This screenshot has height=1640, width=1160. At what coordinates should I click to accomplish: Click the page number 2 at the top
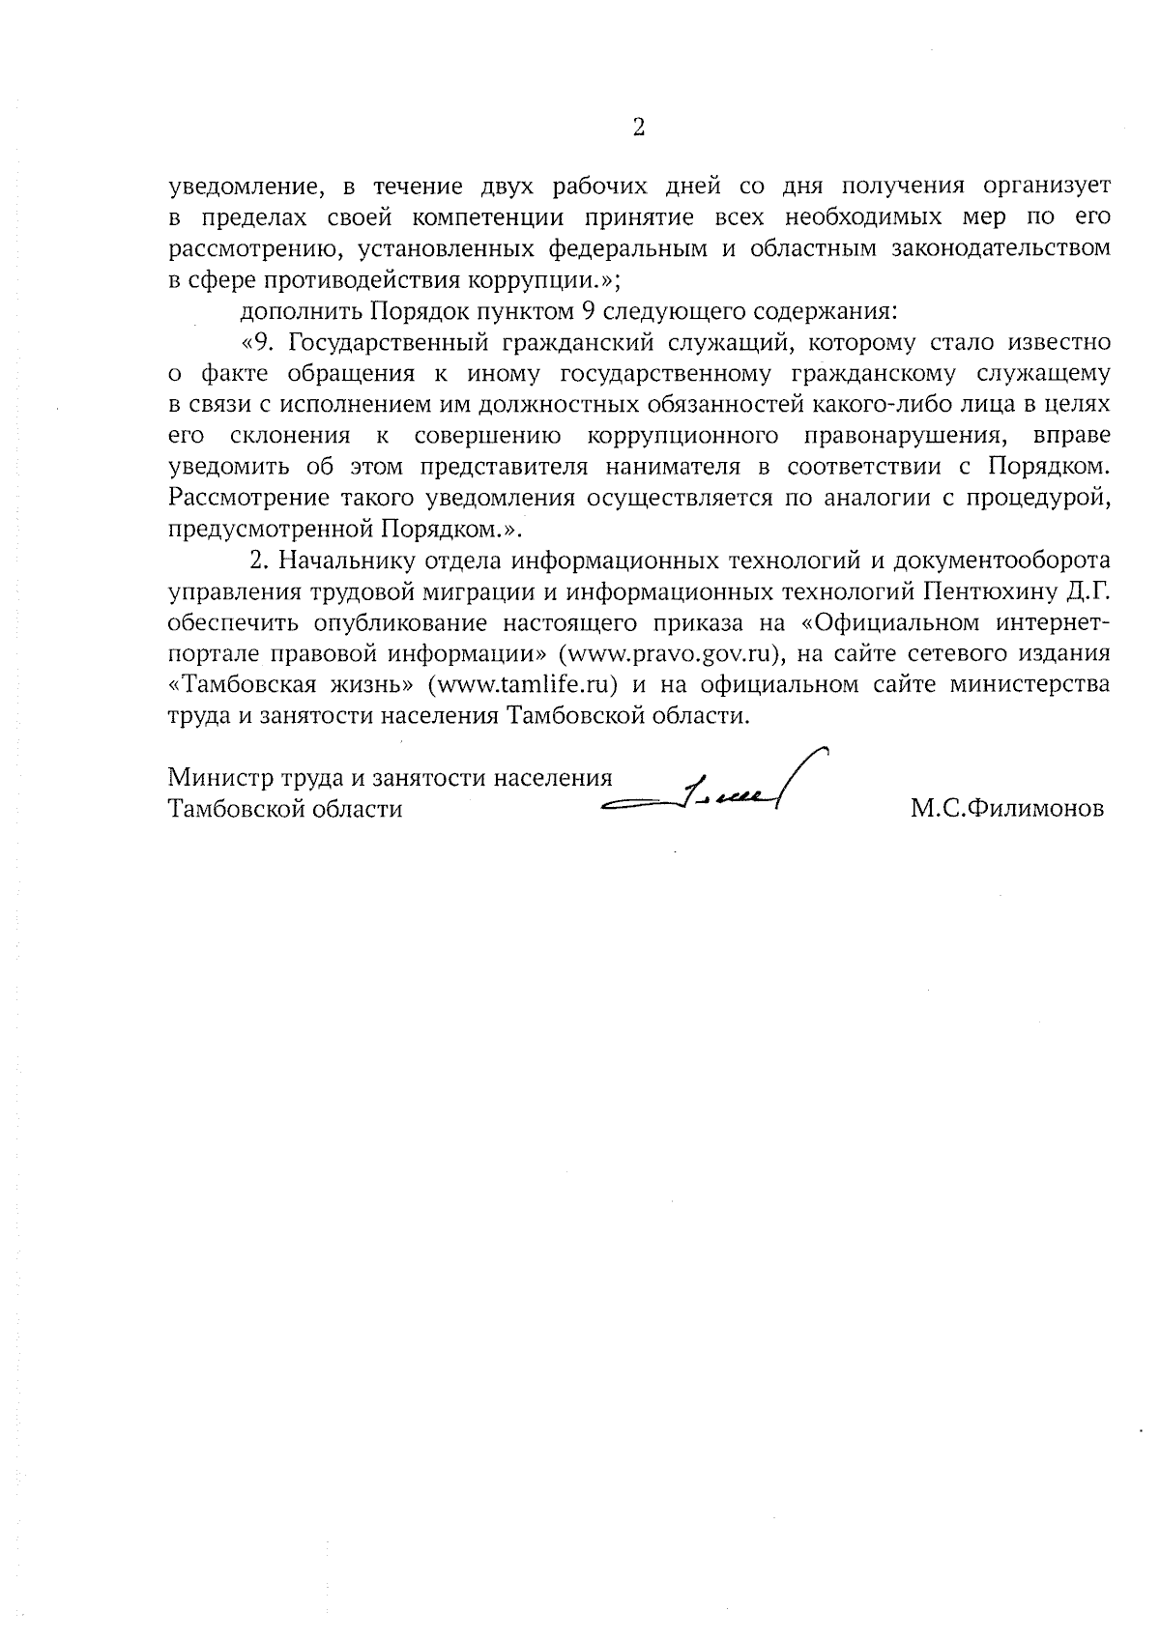click(x=638, y=128)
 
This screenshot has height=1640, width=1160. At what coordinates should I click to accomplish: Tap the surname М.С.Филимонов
click(x=1006, y=809)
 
